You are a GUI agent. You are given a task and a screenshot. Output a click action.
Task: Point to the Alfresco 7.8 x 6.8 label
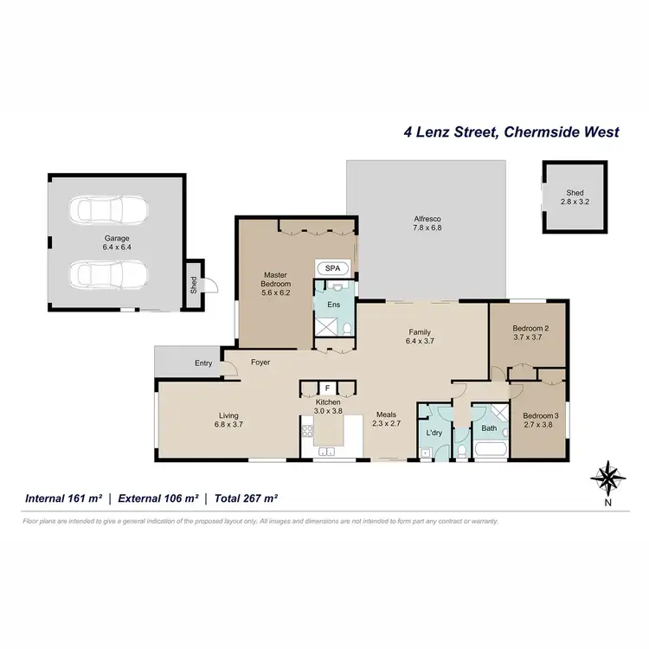tap(428, 225)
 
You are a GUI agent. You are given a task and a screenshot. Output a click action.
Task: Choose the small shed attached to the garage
tap(195, 285)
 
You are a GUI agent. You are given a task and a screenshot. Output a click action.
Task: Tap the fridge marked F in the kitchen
tap(328, 389)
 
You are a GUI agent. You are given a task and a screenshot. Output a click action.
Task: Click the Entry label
tap(203, 363)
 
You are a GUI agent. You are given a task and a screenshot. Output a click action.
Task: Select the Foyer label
tap(262, 363)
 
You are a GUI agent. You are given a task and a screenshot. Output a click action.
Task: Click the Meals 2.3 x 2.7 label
tap(387, 419)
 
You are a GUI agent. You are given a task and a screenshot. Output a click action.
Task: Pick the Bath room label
tap(489, 427)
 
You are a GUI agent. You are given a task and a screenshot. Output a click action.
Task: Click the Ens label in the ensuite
tap(333, 305)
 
